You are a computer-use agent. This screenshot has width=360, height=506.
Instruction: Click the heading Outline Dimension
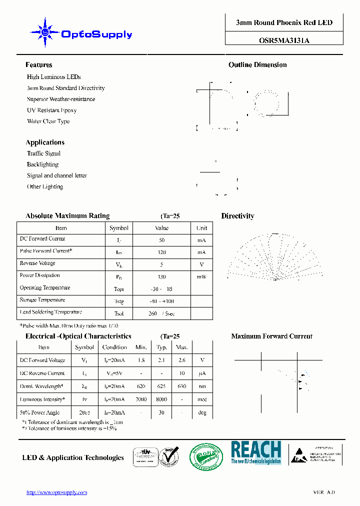[x=257, y=65]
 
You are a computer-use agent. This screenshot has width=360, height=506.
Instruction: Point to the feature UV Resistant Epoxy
[x=51, y=110]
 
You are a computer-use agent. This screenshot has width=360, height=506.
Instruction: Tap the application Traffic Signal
[x=43, y=153]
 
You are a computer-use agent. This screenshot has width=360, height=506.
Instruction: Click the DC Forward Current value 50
[x=161, y=240]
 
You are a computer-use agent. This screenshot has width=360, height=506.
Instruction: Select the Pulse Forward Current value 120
[x=161, y=252]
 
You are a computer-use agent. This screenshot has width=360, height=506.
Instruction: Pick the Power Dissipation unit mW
[x=201, y=276]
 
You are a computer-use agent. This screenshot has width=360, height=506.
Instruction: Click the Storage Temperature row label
[x=42, y=300]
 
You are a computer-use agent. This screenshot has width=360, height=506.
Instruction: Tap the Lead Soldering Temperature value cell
[x=161, y=313]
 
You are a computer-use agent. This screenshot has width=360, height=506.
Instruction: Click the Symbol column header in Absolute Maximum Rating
[x=119, y=228]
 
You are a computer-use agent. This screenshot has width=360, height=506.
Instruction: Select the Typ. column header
[x=161, y=347]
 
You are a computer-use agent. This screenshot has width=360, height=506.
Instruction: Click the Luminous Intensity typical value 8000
[x=161, y=399]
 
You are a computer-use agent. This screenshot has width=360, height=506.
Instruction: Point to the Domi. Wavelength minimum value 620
[x=141, y=386]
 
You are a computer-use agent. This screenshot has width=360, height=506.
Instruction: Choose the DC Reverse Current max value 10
[x=182, y=373]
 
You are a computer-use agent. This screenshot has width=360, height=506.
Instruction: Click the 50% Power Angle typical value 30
[x=161, y=412]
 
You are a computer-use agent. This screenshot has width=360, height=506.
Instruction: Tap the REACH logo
[x=255, y=453]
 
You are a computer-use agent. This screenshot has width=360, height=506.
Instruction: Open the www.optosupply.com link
[x=56, y=492]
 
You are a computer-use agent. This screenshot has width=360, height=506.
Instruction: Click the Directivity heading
[x=237, y=216]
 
